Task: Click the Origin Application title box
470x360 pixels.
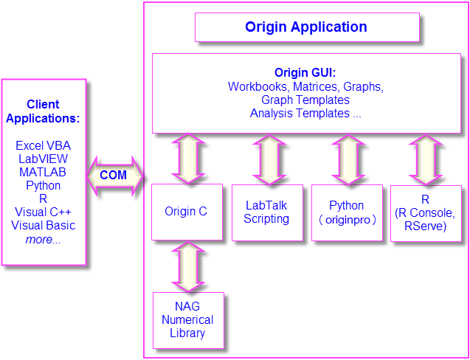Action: tap(306, 27)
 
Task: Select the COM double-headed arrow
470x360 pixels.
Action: tap(114, 176)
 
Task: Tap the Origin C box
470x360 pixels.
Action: tap(186, 212)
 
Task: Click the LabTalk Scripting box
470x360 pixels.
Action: tap(266, 212)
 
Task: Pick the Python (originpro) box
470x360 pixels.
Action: tap(347, 212)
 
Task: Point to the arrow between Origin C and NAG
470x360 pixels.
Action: tap(187, 266)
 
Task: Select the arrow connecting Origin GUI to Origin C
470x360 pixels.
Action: tap(190, 159)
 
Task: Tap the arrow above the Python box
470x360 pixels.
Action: tap(348, 159)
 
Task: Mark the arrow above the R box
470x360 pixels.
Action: tap(426, 159)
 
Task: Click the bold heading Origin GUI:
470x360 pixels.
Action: tap(305, 72)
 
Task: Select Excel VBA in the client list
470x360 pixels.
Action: tap(43, 146)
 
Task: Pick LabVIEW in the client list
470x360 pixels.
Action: tap(43, 159)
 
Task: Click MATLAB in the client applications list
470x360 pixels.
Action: tap(43, 173)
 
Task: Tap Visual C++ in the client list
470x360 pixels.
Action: tap(43, 212)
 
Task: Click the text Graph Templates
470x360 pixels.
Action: tap(305, 100)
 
